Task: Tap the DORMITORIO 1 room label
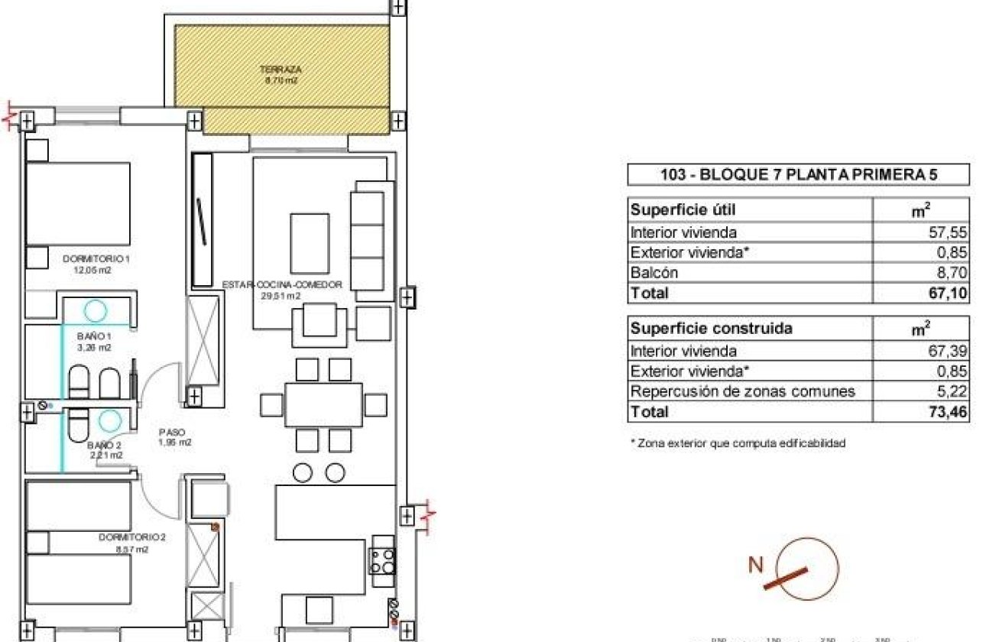coord(96,259)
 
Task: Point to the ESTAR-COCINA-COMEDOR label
coord(281,285)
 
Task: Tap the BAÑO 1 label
coord(95,336)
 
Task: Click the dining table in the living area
coord(323,404)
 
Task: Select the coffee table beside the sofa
coord(310,244)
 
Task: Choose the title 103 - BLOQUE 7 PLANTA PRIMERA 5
coord(798,175)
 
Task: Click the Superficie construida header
coord(710,329)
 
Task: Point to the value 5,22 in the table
coord(953,392)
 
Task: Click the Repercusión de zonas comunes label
coord(741,392)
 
